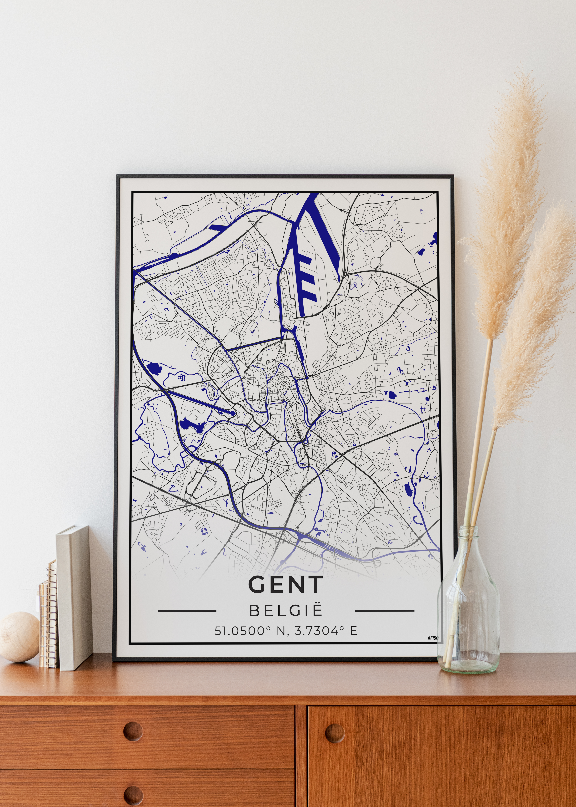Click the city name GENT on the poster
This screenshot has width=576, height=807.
click(x=285, y=584)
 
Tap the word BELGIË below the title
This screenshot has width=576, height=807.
click(x=285, y=611)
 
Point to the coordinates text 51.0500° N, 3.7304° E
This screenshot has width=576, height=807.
click(x=285, y=631)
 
